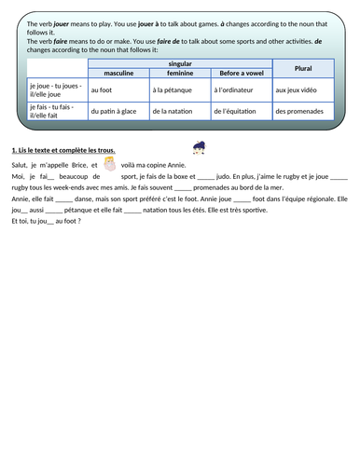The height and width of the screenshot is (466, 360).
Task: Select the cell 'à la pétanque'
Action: click(x=171, y=90)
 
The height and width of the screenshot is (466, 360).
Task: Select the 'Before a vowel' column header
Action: click(x=240, y=73)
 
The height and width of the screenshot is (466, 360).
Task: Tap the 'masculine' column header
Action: click(x=117, y=73)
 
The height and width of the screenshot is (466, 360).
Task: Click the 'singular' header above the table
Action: click(x=179, y=62)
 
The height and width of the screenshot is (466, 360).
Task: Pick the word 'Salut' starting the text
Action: click(x=18, y=164)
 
